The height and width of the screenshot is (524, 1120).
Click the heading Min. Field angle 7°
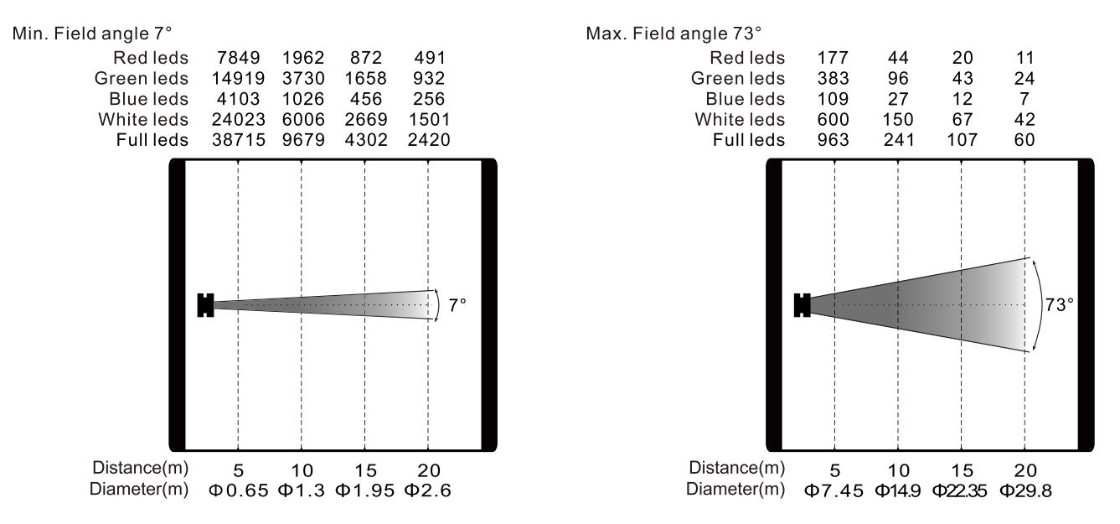pos(92,34)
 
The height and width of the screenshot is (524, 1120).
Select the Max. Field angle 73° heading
pos(674,34)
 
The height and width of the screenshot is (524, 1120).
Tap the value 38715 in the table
pos(239,140)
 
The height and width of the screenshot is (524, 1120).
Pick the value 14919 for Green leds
pos(238,78)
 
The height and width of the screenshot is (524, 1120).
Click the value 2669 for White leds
pos(366,119)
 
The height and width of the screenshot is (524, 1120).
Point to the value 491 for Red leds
pos(430,58)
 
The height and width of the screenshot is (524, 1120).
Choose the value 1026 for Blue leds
pos(303,99)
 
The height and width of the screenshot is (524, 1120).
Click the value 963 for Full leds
pos(833,140)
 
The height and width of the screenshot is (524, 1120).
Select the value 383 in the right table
pos(833,78)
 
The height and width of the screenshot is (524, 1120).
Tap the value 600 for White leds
pos(833,119)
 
